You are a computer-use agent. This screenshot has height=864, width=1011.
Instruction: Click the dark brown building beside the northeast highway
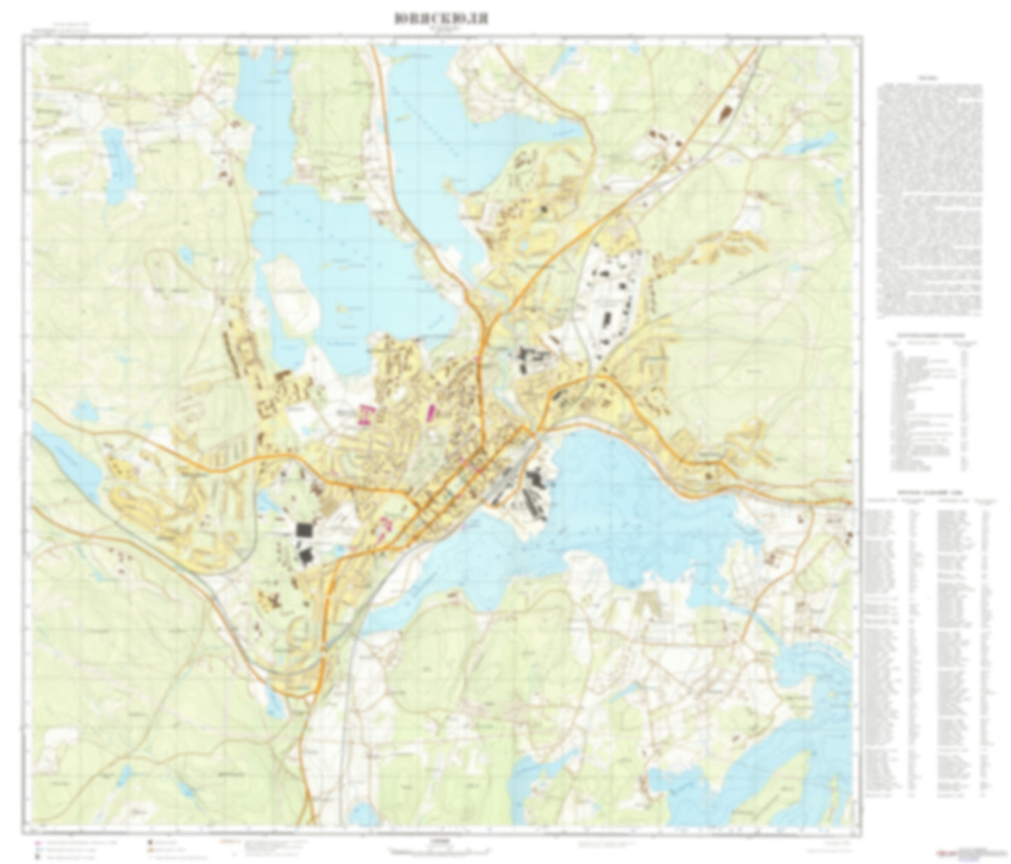tap(726, 110)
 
